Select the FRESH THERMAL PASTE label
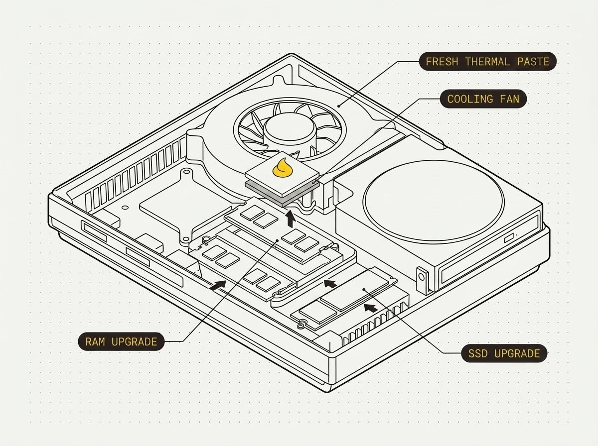click(487, 62)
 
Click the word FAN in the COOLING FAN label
click(509, 99)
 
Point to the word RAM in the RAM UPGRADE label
click(95, 342)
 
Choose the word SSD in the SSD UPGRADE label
click(478, 354)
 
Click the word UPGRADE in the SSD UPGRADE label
click(517, 354)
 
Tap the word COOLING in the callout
click(470, 99)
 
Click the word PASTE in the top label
click(533, 62)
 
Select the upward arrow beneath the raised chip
click(291, 219)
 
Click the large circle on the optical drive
click(434, 202)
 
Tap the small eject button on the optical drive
click(509, 238)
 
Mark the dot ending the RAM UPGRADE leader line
click(278, 240)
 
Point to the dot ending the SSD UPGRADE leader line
click(364, 289)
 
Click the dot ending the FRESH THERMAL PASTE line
click(339, 106)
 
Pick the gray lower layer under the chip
click(282, 194)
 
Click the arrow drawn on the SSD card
click(371, 308)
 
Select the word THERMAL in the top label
click(487, 62)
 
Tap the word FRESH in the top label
click(442, 62)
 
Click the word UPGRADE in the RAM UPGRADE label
click(135, 342)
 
